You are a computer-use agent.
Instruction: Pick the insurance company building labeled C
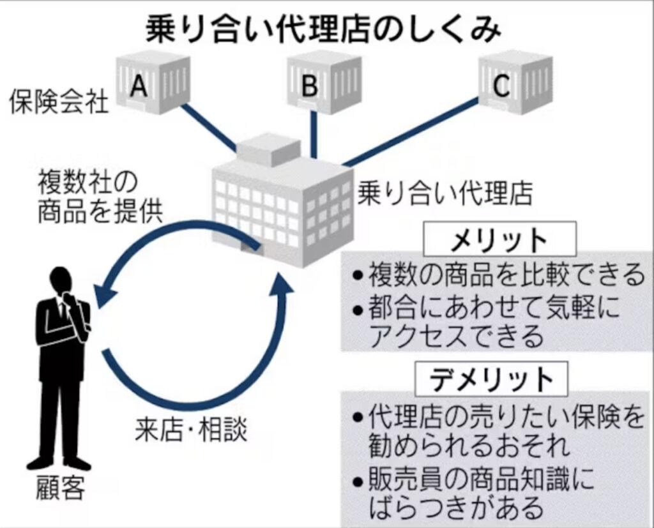(515, 82)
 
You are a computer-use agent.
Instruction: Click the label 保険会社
(59, 102)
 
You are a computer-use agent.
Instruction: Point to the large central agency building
(281, 204)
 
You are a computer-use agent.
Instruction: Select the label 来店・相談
(191, 430)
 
